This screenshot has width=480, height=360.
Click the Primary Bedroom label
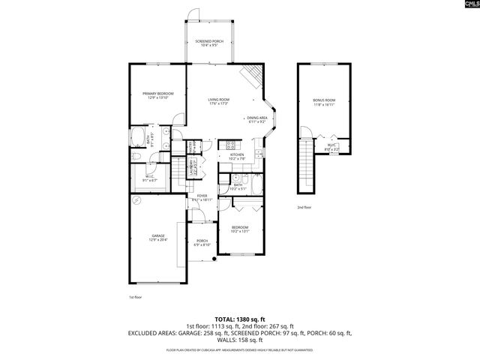(x=159, y=94)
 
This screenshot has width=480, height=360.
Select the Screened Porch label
(x=209, y=43)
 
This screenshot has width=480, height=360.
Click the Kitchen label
(x=237, y=156)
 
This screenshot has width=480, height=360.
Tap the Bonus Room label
(x=324, y=101)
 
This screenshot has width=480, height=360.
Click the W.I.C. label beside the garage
(x=150, y=178)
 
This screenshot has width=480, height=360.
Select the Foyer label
(x=202, y=197)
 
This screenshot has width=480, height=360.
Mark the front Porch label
(x=202, y=242)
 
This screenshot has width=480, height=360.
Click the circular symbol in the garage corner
(x=136, y=200)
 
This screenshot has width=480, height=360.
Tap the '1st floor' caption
(x=135, y=297)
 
